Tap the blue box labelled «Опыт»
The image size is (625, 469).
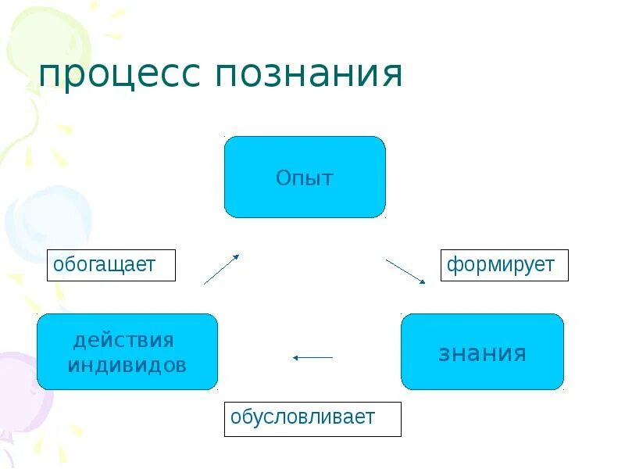(x=305, y=177)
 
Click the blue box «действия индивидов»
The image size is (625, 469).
(x=127, y=352)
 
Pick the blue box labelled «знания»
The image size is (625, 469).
(x=482, y=352)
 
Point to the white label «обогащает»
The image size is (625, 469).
(x=111, y=265)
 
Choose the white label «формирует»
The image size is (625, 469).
(x=504, y=265)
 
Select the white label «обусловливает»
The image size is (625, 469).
(x=312, y=418)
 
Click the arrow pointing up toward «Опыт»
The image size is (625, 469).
(x=221, y=269)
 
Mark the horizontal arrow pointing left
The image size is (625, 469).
(x=312, y=358)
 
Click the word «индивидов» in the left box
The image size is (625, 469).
(x=127, y=365)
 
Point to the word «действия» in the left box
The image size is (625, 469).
(x=123, y=341)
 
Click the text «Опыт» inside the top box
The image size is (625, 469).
(x=305, y=178)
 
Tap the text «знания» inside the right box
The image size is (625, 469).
(x=482, y=353)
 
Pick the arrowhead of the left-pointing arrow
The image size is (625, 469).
(x=296, y=358)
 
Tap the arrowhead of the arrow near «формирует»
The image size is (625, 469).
(x=423, y=281)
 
